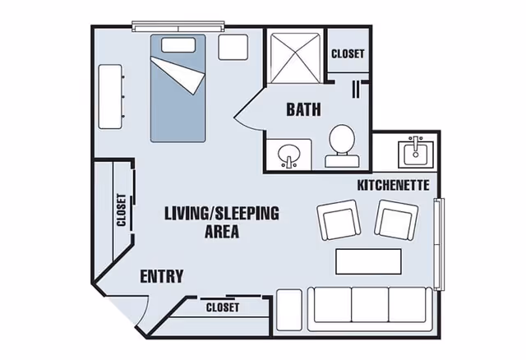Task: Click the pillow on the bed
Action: coord(177,44)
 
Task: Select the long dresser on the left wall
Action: coord(111,95)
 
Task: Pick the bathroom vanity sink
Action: coord(288,155)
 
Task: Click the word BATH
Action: coord(303,109)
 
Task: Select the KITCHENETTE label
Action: coord(393,186)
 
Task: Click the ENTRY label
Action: coord(161,276)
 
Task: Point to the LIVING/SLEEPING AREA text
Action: coord(222,222)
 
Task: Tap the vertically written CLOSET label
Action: coord(122,210)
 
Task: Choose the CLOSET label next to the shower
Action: coord(348,54)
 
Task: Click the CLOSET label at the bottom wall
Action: coord(222,307)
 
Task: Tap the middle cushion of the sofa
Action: coord(370,305)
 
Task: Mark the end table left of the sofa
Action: coord(288,308)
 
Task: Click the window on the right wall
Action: coord(438,244)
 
